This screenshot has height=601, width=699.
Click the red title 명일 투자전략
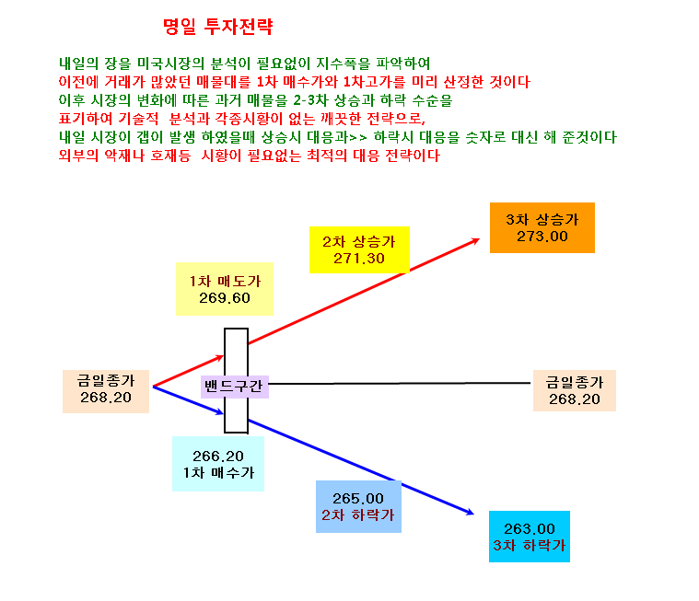click(217, 27)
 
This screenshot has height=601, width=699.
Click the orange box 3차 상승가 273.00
click(542, 227)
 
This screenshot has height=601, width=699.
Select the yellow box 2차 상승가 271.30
click(359, 249)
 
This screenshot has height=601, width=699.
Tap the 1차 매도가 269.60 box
click(225, 289)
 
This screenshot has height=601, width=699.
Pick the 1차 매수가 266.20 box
click(218, 464)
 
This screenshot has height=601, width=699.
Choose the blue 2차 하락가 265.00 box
click(358, 506)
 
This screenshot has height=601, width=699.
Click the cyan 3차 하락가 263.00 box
click(530, 537)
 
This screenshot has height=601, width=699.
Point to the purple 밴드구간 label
click(235, 387)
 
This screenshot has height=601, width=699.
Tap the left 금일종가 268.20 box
click(106, 391)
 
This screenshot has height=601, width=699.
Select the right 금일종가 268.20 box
click(575, 390)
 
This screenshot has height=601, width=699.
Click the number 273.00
click(542, 237)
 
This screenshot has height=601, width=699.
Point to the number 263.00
click(530, 529)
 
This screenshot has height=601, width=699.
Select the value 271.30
click(359, 259)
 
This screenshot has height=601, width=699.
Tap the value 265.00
click(358, 499)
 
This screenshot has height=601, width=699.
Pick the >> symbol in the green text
click(358, 138)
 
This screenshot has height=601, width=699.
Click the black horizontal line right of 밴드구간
click(400, 383)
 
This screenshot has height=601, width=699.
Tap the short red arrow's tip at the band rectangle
click(224, 356)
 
